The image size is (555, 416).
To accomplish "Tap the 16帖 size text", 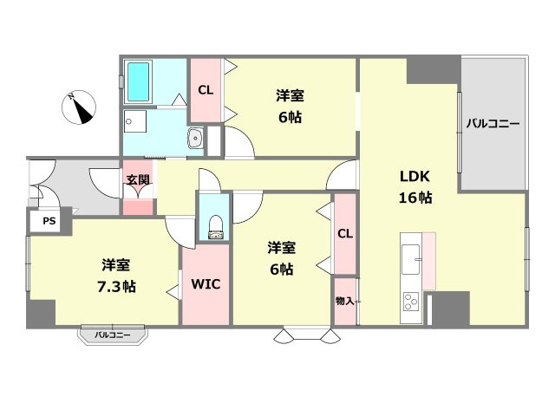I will (415, 197).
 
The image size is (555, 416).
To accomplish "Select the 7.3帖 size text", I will (115, 285).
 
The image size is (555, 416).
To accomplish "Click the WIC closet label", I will (205, 283).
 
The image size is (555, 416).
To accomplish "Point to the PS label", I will (49, 222).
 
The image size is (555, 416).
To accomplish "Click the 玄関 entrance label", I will (137, 180).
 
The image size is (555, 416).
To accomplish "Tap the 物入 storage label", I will (344, 301).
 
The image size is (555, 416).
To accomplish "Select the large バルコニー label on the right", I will (493, 123).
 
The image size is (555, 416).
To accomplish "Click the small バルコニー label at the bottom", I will (113, 334).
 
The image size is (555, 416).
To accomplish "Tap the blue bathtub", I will (139, 81).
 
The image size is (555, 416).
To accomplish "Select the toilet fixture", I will (214, 226).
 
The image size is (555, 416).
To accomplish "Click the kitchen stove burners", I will (410, 302).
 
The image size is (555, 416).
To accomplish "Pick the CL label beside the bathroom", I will (206, 89).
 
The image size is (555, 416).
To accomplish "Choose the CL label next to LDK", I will (344, 233).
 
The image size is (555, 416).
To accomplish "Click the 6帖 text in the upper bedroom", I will (290, 116).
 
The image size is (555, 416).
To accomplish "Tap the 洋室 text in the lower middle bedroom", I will (281, 246).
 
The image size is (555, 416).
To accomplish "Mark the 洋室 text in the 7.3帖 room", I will (115, 264).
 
